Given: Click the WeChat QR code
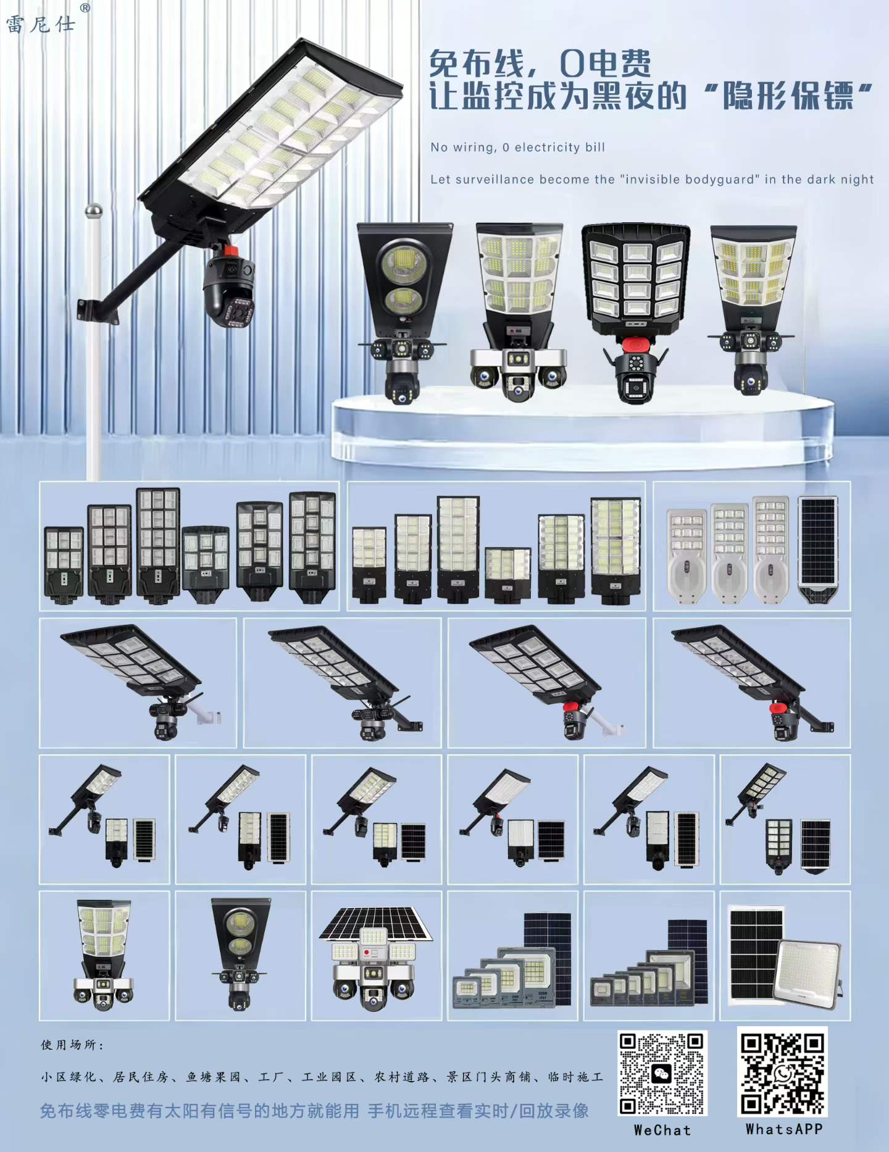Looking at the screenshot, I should pyautogui.click(x=662, y=1074).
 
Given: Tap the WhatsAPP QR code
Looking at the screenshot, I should pyautogui.click(x=782, y=1072).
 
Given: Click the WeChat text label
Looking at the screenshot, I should pyautogui.click(x=662, y=1130).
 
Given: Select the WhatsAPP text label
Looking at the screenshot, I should pyautogui.click(x=783, y=1129).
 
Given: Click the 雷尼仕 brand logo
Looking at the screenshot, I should pyautogui.click(x=41, y=25).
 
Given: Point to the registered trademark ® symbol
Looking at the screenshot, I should pyautogui.click(x=85, y=8).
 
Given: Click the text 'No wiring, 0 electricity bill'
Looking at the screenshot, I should pyautogui.click(x=517, y=148).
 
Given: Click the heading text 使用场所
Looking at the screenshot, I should pyautogui.click(x=72, y=1045).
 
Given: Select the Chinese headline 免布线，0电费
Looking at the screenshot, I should pyautogui.click(x=540, y=63).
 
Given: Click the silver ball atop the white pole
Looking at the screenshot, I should pyautogui.click(x=93, y=211).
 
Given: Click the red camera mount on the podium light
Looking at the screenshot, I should pyautogui.click(x=635, y=344).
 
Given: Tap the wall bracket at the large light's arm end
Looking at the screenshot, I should pyautogui.click(x=97, y=311).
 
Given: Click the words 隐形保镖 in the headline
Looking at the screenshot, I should pyautogui.click(x=788, y=96).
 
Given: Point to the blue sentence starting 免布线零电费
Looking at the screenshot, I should pyautogui.click(x=314, y=1111).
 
